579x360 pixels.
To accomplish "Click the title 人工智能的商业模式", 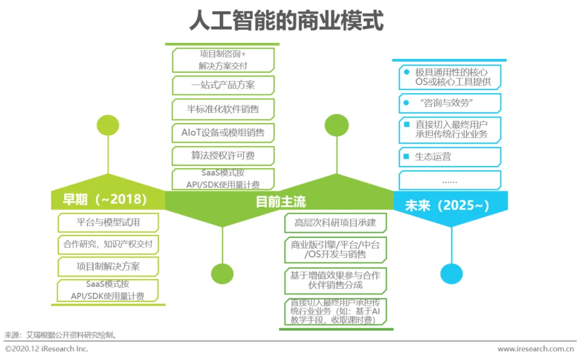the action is click(x=286, y=22).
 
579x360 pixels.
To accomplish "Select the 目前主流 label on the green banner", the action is click(x=280, y=201).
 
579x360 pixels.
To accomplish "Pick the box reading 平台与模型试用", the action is click(x=108, y=222).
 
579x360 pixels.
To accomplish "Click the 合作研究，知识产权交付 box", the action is click(x=108, y=245).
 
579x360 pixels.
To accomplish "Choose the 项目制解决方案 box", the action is click(x=108, y=266).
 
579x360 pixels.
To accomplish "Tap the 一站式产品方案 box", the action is click(x=223, y=85).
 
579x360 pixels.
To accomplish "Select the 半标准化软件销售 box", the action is click(x=223, y=109).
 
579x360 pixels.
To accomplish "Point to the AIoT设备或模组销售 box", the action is click(x=223, y=132).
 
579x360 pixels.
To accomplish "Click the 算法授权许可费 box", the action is click(x=223, y=156).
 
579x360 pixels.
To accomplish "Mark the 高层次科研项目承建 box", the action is click(x=335, y=222).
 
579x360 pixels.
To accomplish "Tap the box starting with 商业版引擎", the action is click(x=335, y=249).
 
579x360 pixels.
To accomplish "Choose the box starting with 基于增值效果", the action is click(x=335, y=280).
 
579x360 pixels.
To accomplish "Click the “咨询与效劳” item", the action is click(x=450, y=103).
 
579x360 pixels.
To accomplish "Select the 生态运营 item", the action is click(x=450, y=157).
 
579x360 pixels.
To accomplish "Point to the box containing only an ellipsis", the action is click(x=450, y=181).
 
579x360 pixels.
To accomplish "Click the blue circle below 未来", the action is click(x=451, y=274).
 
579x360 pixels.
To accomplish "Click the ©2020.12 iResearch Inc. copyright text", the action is click(x=47, y=349).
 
